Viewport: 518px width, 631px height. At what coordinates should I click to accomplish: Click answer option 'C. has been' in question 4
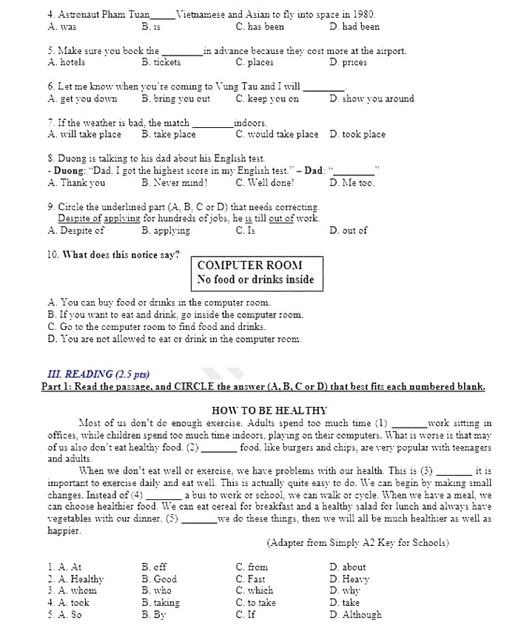click(x=260, y=27)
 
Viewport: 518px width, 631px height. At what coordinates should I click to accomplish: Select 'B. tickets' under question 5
click(x=161, y=63)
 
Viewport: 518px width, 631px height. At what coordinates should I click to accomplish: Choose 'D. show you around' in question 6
click(x=371, y=98)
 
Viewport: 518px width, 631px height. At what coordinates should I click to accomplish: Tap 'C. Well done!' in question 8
click(x=265, y=183)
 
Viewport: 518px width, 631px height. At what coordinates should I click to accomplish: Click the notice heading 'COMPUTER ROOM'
click(x=249, y=265)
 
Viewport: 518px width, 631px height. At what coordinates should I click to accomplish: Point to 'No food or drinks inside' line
click(x=255, y=280)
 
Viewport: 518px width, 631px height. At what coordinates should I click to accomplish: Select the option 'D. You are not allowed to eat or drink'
click(x=174, y=340)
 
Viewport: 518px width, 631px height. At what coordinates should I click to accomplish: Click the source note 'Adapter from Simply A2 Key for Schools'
click(x=357, y=542)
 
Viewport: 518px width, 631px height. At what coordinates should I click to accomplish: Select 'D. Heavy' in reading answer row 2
click(x=349, y=579)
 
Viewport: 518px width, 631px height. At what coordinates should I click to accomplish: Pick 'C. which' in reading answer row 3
click(x=255, y=591)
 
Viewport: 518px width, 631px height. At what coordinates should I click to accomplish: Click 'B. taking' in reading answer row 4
click(x=161, y=603)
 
